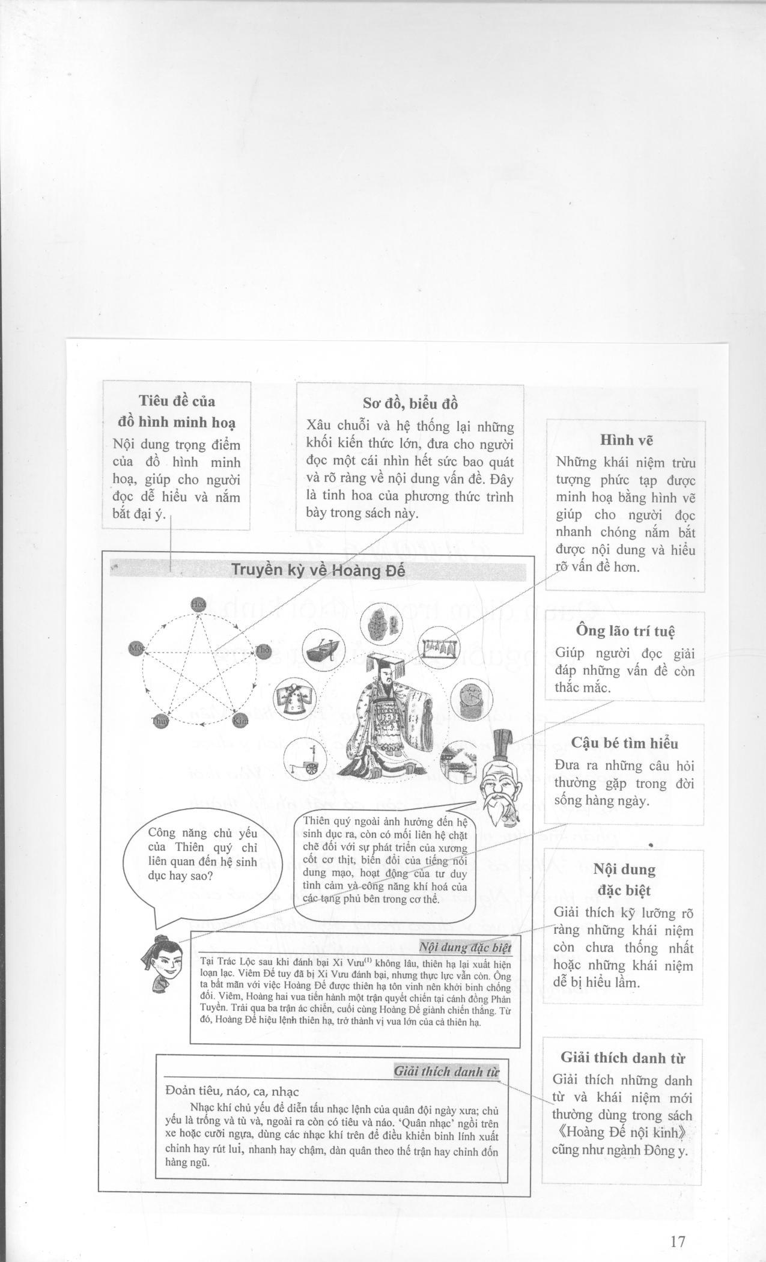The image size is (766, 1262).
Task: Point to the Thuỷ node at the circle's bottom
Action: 160,721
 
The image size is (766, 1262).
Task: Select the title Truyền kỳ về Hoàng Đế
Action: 318,570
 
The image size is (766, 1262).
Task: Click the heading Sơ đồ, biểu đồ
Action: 410,403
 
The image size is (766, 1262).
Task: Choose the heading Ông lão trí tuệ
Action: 625,631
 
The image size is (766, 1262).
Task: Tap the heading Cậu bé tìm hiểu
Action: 625,743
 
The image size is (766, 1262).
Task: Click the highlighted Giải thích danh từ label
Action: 446,1071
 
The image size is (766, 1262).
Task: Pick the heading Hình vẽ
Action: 626,440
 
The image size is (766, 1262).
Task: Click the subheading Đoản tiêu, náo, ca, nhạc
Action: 231,1091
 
